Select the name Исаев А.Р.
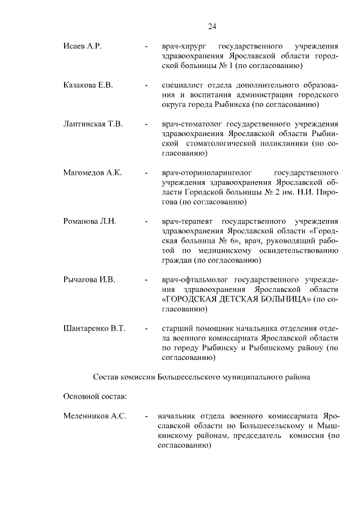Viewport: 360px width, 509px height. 82,46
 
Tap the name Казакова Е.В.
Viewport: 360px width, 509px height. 88,85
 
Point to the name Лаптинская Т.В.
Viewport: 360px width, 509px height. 93,124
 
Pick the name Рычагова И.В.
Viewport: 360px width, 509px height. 89,279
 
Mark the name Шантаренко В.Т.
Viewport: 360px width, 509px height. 94,328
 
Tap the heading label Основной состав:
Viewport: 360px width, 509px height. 94,396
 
